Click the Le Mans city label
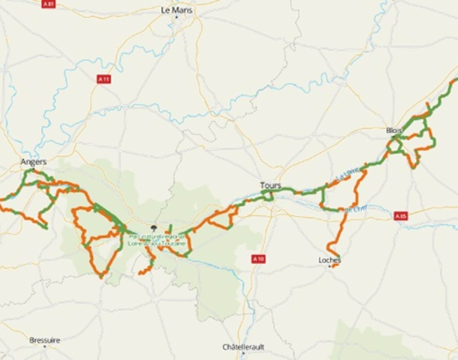(x=176, y=10)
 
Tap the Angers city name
(x=34, y=162)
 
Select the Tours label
(x=271, y=186)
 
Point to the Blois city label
(x=394, y=130)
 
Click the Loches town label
(x=330, y=260)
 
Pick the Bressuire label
(x=45, y=340)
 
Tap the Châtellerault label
(x=243, y=347)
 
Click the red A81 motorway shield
(x=48, y=4)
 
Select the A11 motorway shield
(x=104, y=79)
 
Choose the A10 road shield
(x=258, y=259)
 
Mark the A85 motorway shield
(x=401, y=216)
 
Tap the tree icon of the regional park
(x=153, y=228)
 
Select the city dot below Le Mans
(x=177, y=17)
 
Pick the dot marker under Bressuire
(x=45, y=346)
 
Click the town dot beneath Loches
(x=329, y=266)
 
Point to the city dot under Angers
(x=33, y=169)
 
